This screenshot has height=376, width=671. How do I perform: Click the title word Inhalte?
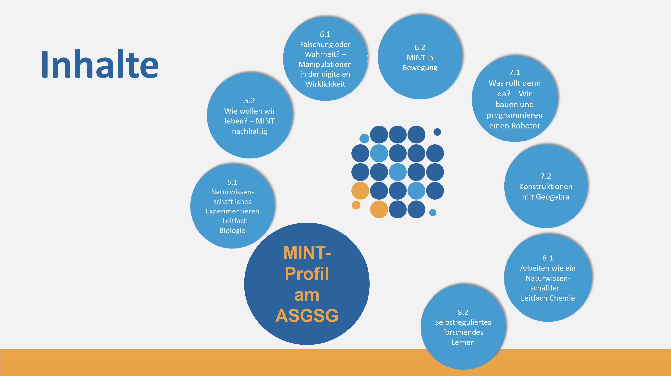click(x=100, y=64)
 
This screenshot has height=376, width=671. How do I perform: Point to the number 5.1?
click(x=232, y=182)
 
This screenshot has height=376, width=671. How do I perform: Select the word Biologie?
click(x=232, y=231)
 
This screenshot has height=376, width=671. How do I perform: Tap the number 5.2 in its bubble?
click(x=250, y=101)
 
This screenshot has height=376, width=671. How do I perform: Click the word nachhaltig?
click(x=250, y=131)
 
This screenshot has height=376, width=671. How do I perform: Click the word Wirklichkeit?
click(x=325, y=84)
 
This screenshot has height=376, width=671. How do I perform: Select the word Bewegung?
click(x=420, y=68)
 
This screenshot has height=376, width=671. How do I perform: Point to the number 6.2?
click(x=420, y=47)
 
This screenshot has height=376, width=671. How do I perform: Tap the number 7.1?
click(x=515, y=72)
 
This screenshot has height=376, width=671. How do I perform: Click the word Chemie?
click(x=561, y=298)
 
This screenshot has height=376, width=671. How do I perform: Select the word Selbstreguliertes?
click(x=463, y=322)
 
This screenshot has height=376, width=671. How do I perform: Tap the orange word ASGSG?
click(x=307, y=315)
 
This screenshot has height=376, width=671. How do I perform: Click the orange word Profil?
click(x=307, y=274)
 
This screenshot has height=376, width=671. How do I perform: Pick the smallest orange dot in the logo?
click(x=356, y=205)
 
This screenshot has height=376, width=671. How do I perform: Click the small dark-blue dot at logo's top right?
click(x=437, y=132)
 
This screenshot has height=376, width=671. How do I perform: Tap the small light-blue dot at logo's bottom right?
click(x=433, y=212)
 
